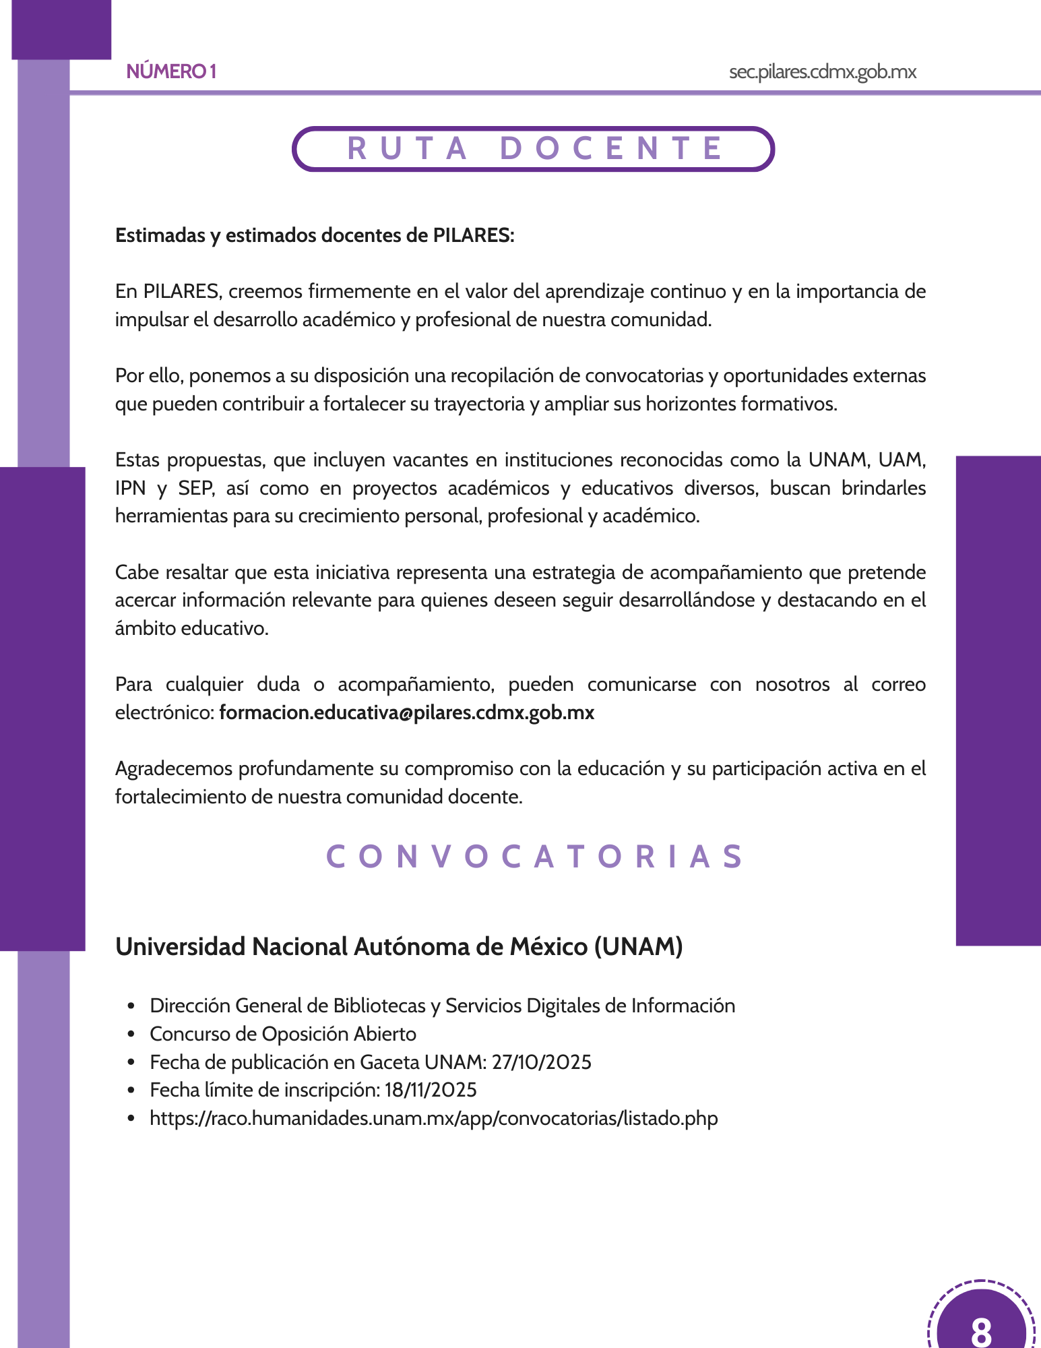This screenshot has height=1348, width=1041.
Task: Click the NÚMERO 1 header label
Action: tap(171, 71)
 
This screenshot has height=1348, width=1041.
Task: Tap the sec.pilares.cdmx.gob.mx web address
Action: tap(822, 71)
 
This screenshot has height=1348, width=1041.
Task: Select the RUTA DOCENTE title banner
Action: tap(533, 148)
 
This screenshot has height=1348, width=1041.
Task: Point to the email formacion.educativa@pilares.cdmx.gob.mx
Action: tap(407, 712)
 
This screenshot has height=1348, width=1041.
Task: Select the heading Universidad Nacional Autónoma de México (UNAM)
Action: tap(399, 946)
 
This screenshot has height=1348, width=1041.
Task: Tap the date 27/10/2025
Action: tap(542, 1062)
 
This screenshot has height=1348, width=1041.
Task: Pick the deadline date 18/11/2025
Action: tap(431, 1090)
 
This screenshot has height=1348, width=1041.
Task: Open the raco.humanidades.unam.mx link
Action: tap(434, 1118)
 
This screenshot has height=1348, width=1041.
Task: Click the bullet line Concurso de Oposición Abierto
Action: tap(283, 1034)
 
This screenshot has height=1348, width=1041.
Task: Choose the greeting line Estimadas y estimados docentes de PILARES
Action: tap(315, 235)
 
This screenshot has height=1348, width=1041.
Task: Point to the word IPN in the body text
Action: tap(130, 488)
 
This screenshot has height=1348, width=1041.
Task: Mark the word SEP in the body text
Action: tap(195, 488)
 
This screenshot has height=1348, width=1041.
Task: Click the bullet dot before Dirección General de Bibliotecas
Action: tap(131, 1006)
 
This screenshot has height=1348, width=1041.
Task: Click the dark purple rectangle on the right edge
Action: tap(998, 700)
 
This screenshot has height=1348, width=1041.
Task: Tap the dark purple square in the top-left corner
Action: tap(61, 29)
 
